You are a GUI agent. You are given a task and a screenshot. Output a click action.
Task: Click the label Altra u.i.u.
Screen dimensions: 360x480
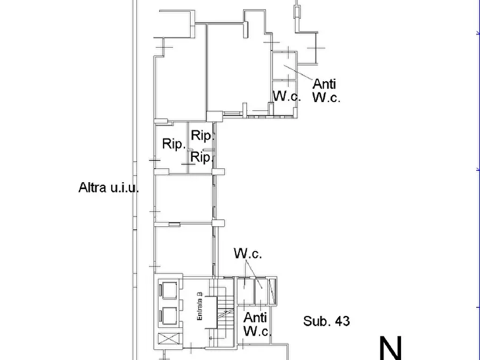coord(109,188)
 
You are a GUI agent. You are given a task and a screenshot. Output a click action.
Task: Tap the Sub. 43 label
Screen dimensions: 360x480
coord(326,321)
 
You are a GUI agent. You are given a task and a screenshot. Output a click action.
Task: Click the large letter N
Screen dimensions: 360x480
coord(390,348)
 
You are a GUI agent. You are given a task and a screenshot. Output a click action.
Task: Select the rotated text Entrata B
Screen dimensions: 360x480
coord(199,307)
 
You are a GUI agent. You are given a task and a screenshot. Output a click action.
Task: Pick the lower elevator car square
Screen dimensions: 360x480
coord(169,316)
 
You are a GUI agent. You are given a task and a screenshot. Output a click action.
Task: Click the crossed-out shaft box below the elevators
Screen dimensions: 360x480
coord(169,340)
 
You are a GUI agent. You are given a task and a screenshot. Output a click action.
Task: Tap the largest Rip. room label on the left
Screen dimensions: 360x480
coord(174,145)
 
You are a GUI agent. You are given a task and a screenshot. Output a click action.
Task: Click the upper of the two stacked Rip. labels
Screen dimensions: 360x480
coord(203,135)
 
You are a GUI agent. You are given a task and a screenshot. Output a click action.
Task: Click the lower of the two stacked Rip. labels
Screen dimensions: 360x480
coord(203,157)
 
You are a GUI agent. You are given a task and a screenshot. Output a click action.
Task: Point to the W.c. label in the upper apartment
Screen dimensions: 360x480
coord(286,96)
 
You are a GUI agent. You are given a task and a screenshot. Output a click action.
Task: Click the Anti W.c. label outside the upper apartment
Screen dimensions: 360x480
coord(326,90)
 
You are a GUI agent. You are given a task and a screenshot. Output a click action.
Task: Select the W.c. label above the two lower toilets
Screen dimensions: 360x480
coord(248,254)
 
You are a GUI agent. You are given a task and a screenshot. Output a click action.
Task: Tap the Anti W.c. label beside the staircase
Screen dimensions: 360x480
coord(256,325)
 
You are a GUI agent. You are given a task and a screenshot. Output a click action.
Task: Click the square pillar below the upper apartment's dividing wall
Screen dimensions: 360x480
coord(214,116)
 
